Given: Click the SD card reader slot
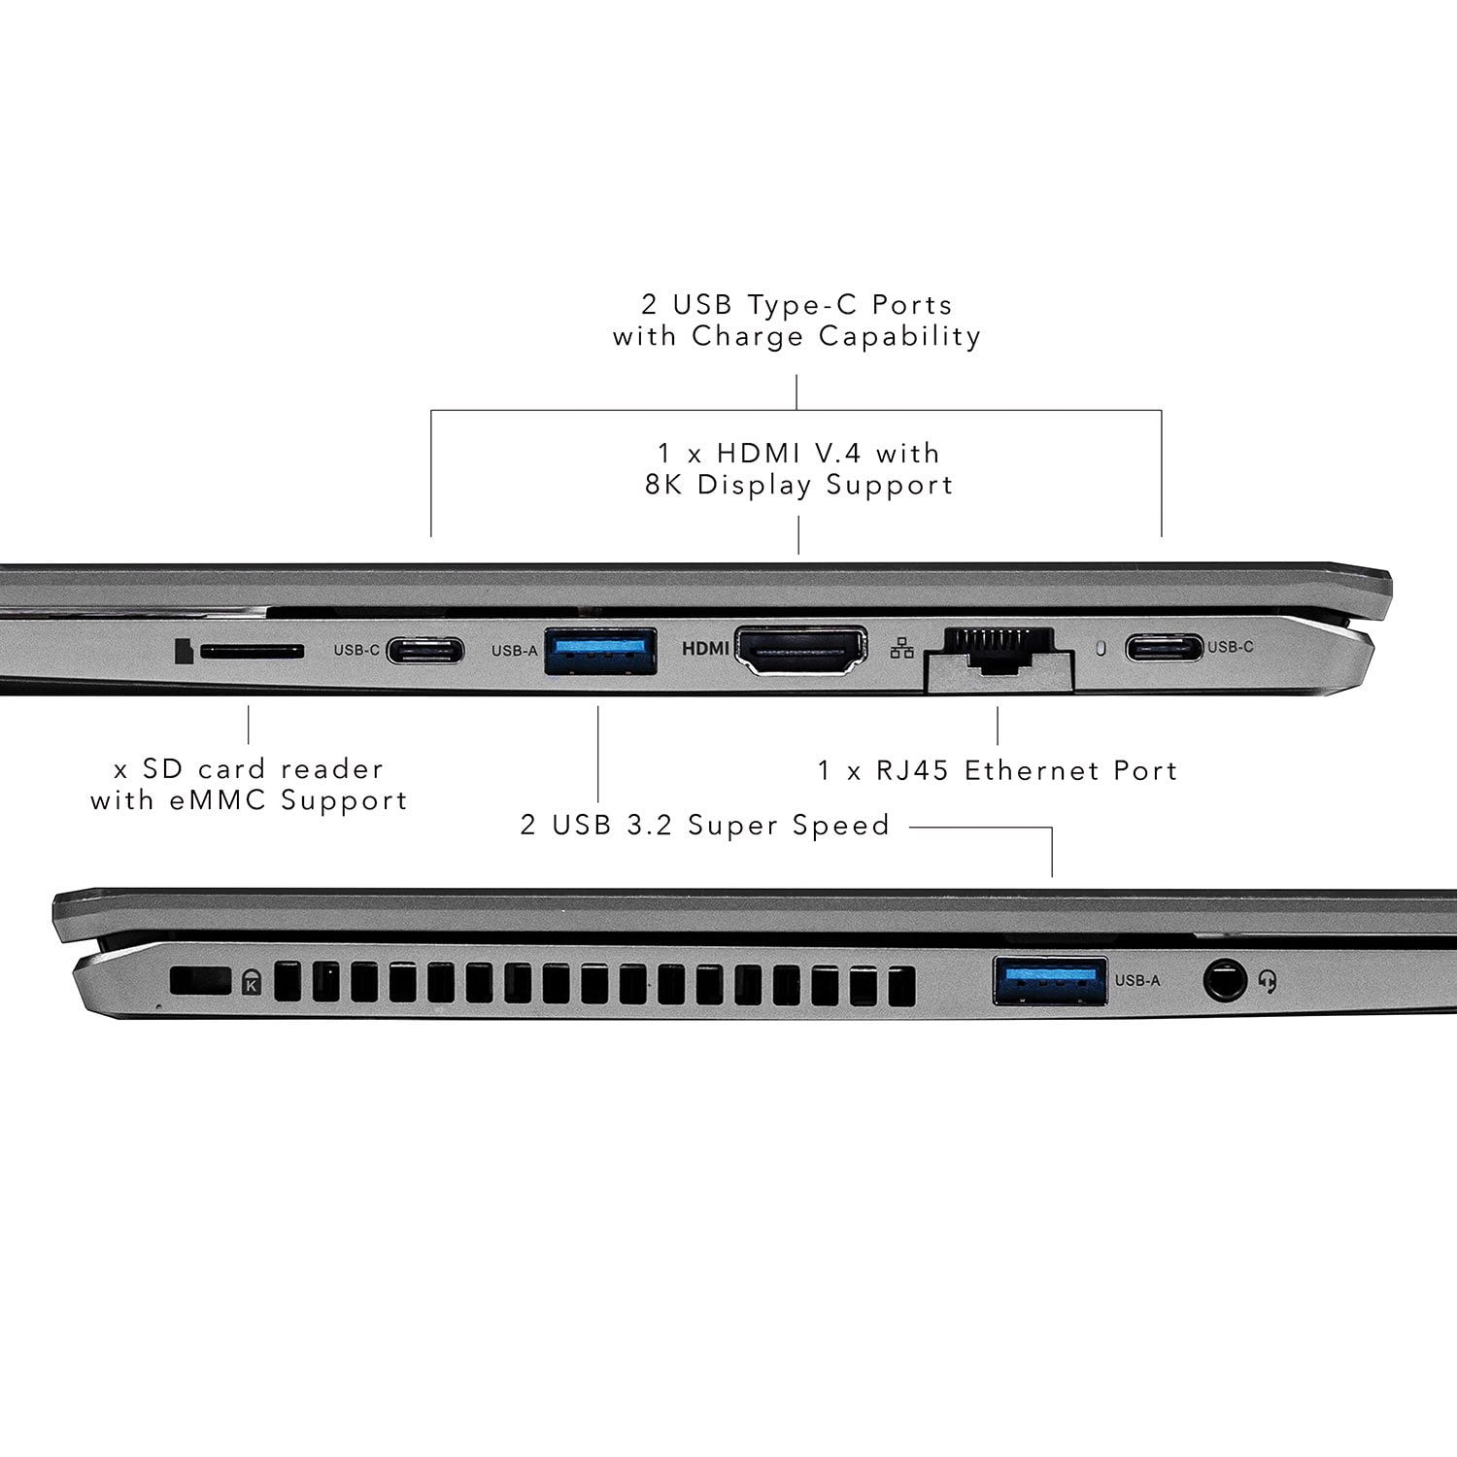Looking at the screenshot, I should (253, 651).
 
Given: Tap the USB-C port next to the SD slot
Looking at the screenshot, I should (424, 650).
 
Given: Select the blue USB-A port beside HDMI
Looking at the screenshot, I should (600, 652).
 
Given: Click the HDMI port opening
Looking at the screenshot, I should (800, 651).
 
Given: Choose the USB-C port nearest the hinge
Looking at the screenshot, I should (1164, 647).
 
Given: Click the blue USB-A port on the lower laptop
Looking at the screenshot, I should (1049, 980).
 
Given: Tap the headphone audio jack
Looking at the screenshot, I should (1225, 981).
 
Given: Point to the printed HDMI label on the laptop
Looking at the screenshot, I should (705, 648).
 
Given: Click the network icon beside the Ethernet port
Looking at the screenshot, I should (901, 648).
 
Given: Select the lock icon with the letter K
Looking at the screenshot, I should (252, 982).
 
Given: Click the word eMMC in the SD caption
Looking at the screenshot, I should (216, 801).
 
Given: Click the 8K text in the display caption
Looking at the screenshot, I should (665, 485).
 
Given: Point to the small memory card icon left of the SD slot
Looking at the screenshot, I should (182, 651).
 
